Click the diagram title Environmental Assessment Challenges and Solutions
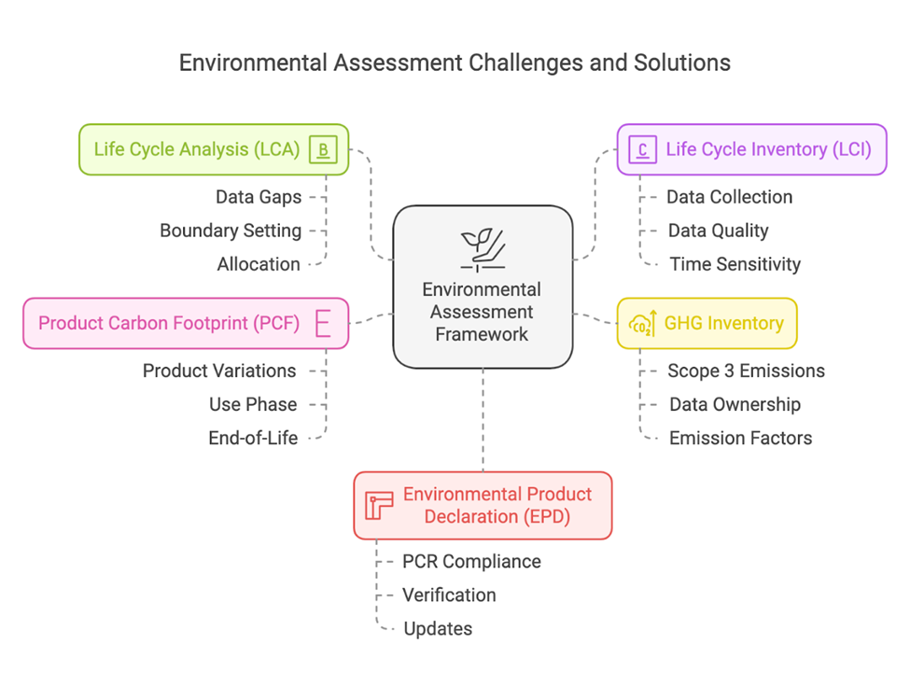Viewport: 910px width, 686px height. tap(455, 63)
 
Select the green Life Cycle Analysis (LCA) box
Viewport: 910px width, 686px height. tap(213, 149)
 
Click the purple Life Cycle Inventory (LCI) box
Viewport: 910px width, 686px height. tap(751, 149)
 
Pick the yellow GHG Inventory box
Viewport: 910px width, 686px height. tap(707, 324)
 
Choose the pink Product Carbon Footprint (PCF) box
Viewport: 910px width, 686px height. tap(186, 324)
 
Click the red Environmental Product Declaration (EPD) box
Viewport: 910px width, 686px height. tap(483, 505)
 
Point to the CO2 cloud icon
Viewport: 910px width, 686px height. tap(644, 323)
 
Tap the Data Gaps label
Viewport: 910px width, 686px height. tap(259, 197)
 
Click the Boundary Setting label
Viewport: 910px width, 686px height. tap(231, 231)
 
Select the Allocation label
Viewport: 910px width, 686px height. tap(259, 264)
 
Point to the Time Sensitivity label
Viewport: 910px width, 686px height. tap(735, 264)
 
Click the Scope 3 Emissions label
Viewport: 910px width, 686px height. tap(746, 371)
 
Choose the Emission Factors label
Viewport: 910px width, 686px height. tap(740, 438)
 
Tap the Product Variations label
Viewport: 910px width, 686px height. tap(219, 371)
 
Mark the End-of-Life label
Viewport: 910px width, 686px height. tap(253, 438)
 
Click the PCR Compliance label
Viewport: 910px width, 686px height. tap(471, 561)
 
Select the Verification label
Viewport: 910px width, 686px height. tap(449, 595)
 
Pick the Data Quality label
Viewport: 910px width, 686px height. tap(718, 231)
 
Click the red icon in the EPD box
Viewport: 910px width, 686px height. tap(379, 505)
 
